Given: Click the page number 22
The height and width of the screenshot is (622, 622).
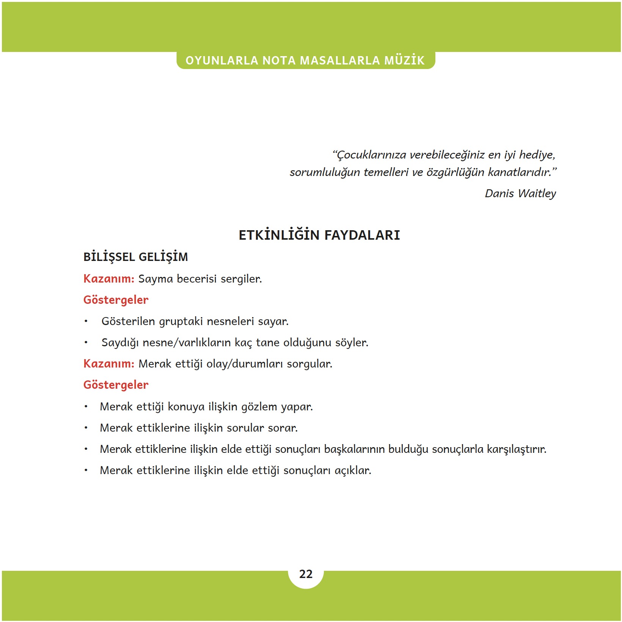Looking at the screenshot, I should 306,574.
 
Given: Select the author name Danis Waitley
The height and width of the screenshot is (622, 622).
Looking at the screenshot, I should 520,193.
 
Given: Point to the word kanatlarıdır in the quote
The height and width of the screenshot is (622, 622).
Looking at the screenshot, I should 519,172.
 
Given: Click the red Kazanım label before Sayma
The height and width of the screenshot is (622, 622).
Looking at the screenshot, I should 109,279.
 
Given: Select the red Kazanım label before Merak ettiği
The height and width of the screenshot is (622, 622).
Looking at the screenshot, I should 109,364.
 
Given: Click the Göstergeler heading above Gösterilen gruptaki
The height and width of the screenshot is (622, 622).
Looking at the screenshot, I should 116,300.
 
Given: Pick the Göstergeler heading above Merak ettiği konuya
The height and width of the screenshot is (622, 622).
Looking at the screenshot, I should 116,385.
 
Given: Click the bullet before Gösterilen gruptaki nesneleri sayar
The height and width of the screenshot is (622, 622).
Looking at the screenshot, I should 86,322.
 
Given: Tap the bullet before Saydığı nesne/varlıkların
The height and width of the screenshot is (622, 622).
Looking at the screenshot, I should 86,343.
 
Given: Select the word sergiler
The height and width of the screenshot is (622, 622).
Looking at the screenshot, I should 241,279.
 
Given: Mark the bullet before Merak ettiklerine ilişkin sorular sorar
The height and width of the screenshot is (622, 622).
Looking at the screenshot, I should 86,428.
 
